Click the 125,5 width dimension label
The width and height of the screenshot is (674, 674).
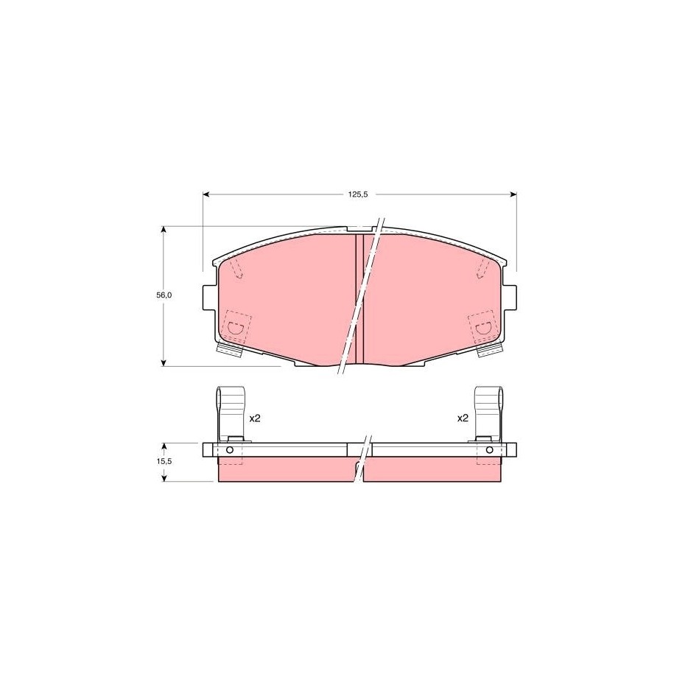[x=358, y=194]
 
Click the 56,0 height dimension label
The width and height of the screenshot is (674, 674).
[x=164, y=295]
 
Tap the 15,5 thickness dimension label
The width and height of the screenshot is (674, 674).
[x=164, y=461]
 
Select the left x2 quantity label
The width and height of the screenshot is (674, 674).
[x=255, y=418]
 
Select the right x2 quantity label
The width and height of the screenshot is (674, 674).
[x=463, y=418]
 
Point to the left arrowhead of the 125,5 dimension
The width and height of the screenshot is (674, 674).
[x=206, y=194]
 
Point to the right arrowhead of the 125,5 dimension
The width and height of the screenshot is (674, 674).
[x=513, y=194]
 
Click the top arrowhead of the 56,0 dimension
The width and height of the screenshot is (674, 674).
[x=164, y=230]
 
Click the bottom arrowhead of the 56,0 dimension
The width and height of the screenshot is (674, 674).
[x=164, y=363]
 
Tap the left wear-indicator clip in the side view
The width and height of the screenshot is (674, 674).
[x=230, y=413]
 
